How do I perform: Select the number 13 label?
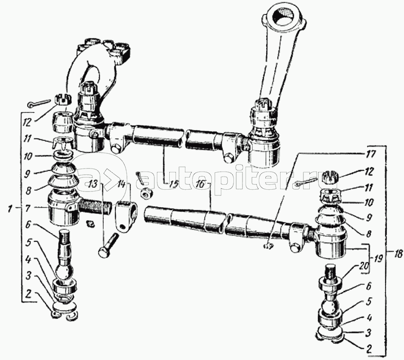tap(93, 184)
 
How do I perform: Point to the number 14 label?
tap(121, 184)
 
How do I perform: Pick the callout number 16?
tap(201, 184)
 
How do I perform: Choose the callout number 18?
tap(398, 254)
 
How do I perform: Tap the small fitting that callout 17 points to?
tap(268, 247)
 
